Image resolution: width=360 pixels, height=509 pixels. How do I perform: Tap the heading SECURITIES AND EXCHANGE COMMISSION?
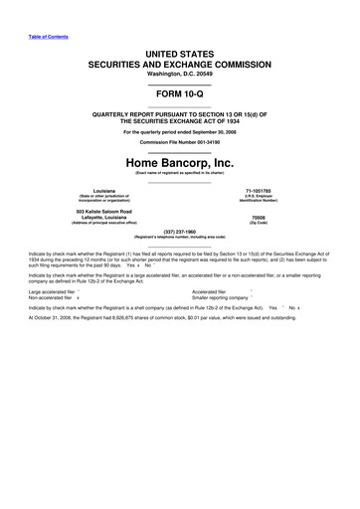pos(179,62)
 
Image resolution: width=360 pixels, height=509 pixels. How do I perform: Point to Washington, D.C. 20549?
pos(179,74)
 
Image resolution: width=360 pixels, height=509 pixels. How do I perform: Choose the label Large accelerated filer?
pos(38,291)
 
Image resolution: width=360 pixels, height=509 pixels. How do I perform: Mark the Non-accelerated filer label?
pos(36,298)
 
